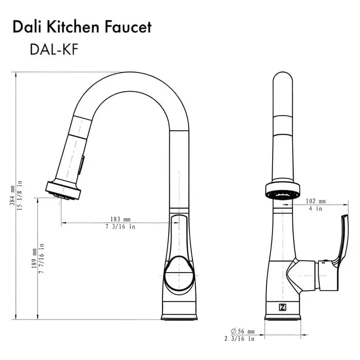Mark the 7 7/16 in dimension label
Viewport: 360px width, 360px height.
click(41, 259)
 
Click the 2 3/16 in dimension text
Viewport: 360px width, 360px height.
click(239, 339)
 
